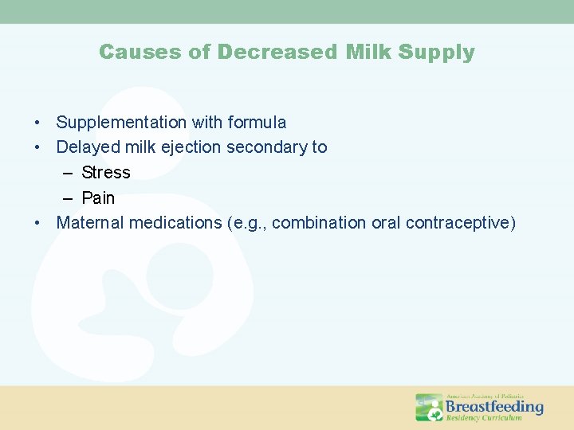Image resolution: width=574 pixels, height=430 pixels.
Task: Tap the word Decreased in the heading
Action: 278,53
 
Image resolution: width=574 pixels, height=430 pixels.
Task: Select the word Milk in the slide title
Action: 369,53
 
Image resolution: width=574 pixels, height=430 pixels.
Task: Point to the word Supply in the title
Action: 436,53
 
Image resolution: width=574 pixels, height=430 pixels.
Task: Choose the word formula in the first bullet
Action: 257,123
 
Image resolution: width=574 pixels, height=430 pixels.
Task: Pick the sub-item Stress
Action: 106,173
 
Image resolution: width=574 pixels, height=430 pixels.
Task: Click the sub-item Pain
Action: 98,197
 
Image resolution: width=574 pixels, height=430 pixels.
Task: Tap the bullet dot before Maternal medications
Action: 37,223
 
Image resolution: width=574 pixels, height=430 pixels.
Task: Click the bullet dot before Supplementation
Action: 37,123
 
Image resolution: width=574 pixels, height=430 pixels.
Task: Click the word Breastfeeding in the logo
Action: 494,406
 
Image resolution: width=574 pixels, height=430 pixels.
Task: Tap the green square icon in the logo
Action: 429,407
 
